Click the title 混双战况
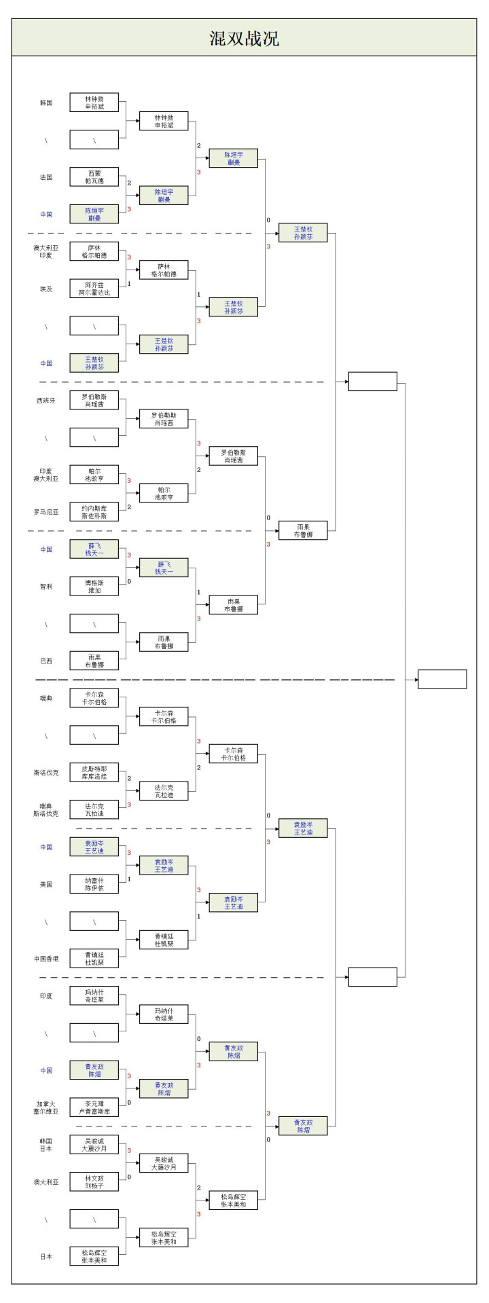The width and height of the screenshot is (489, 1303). point(244,38)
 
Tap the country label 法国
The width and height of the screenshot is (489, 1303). point(46,177)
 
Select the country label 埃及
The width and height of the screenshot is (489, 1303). point(46,289)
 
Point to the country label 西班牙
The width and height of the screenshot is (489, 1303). point(46,401)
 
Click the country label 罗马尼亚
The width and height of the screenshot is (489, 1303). point(46,512)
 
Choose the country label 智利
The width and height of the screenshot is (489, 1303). point(46,586)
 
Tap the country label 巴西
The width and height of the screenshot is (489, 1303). point(46,661)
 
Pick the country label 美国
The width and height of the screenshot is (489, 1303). point(46,884)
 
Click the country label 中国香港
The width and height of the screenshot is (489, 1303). point(46,959)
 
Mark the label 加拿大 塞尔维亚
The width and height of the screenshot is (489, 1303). point(46,1107)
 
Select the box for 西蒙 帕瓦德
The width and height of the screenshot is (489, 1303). point(94,177)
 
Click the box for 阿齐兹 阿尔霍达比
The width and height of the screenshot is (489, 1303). point(94,289)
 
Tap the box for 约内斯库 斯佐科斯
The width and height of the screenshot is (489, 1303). point(94,512)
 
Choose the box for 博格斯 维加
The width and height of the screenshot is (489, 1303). point(94,586)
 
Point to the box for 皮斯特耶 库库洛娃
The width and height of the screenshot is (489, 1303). point(94,772)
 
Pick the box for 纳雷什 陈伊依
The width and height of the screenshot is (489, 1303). point(94,884)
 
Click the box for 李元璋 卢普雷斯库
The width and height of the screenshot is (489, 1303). point(94,1107)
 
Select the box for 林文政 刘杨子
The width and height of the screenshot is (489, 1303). point(94,1182)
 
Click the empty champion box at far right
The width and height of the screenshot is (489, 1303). point(442,679)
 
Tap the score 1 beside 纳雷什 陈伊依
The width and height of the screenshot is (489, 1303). point(129,879)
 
